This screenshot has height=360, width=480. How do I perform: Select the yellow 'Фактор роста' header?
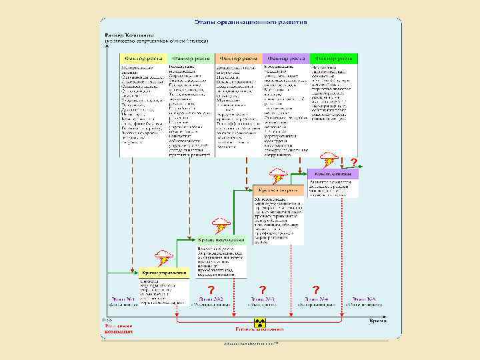[143, 58]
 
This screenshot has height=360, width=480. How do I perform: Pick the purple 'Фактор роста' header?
[285, 58]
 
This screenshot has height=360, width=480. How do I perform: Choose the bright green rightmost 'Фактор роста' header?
[333, 58]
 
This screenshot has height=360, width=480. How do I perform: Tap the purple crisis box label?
[334, 173]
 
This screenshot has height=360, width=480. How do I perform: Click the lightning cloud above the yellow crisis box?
[164, 257]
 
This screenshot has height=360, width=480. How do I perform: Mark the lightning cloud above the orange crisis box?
[279, 175]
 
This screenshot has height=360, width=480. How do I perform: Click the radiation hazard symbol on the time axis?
[260, 322]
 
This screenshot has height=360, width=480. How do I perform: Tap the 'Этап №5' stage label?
[365, 298]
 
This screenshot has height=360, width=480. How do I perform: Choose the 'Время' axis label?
[379, 320]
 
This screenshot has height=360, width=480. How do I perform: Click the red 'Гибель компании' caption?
[259, 329]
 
